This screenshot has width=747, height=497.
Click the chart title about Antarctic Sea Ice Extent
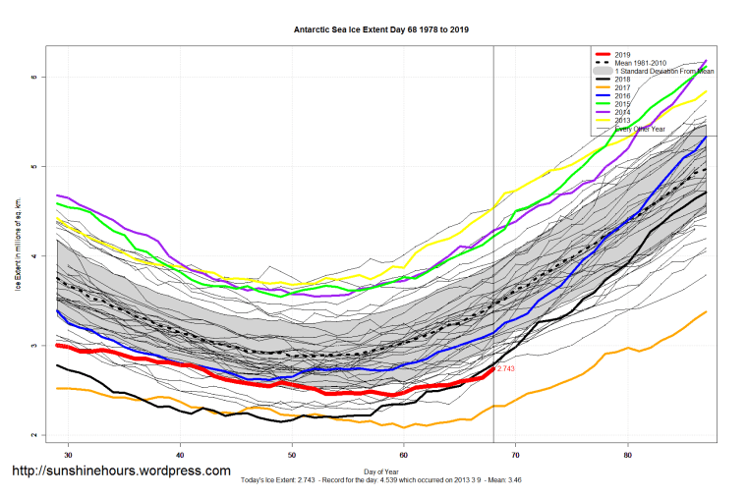(381, 29)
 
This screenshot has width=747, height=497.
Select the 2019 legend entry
(623, 54)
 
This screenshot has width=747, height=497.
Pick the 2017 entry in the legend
(623, 88)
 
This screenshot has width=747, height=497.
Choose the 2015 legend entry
(623, 105)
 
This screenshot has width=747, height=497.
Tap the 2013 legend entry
(623, 122)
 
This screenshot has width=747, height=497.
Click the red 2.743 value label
(507, 368)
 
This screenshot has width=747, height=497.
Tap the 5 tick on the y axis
(33, 167)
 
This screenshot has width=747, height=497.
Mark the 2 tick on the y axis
(33, 435)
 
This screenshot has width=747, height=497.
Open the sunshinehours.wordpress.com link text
(121, 471)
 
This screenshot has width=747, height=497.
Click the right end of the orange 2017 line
(707, 311)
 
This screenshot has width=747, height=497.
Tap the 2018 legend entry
(623, 80)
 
